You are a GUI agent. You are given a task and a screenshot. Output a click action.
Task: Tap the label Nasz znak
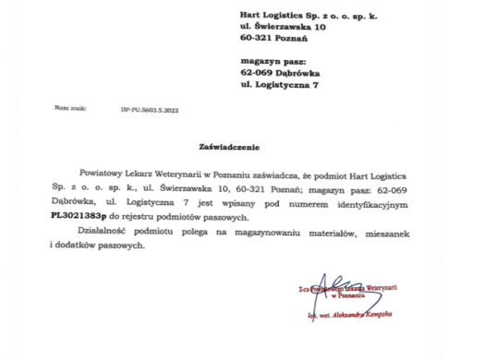(70, 108)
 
